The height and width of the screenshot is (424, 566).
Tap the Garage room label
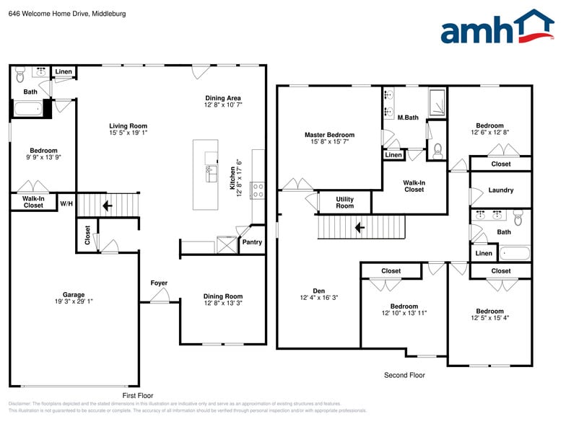[x=74, y=294]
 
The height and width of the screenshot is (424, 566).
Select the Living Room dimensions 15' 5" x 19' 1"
[x=128, y=133]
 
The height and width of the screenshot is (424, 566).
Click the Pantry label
[x=252, y=242]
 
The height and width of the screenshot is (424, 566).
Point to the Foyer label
[x=159, y=283]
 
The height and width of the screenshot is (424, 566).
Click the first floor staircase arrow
[x=107, y=206]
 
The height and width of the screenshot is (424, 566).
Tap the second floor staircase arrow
[x=359, y=229]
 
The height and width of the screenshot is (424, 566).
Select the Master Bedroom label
[x=329, y=135]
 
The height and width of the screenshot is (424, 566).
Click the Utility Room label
[x=344, y=203]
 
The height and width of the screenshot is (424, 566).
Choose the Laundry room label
[x=500, y=190]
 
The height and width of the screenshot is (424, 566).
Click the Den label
[x=318, y=290]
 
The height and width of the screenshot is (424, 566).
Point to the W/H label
[x=66, y=204]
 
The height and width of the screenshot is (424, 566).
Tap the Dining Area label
[x=223, y=98]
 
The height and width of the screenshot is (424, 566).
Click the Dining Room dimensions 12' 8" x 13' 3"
[x=223, y=304]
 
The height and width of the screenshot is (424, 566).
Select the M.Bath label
[x=408, y=117]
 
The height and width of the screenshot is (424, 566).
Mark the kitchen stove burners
[x=258, y=190]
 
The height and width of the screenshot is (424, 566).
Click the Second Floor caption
[x=404, y=375]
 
